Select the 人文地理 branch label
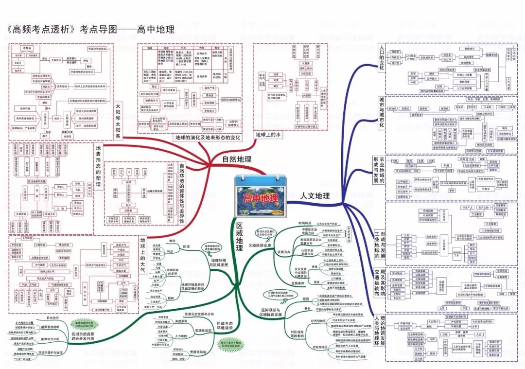[x=315, y=196]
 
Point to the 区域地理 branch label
[x=239, y=237]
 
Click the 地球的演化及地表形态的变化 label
[x=208, y=138]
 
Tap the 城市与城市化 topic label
[x=381, y=112]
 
